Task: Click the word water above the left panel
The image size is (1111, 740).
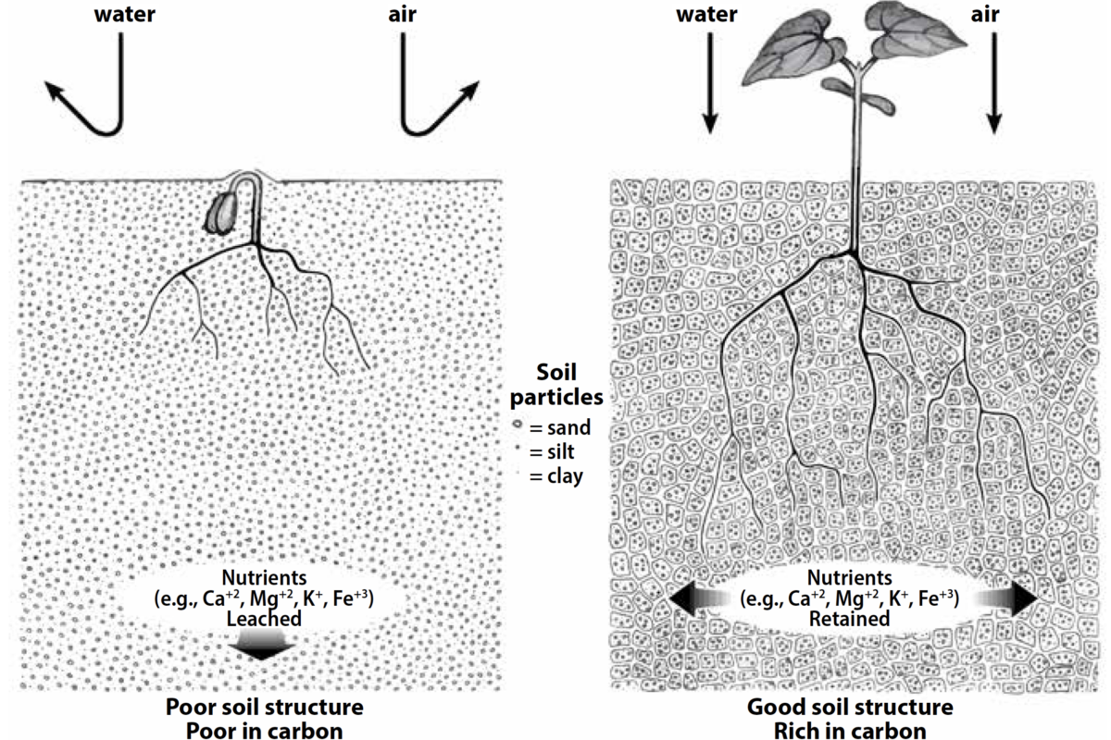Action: pos(124,17)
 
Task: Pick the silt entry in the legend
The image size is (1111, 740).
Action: pos(550,454)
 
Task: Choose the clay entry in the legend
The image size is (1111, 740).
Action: pos(553,478)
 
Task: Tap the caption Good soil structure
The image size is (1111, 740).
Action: pos(847,709)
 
